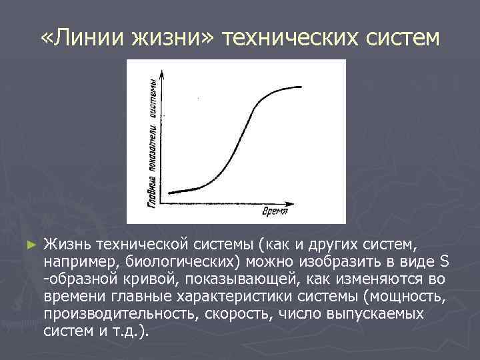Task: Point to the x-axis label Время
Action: tap(275, 211)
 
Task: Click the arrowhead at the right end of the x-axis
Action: tap(293, 199)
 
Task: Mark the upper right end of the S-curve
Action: tap(301, 87)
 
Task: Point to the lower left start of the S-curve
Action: tap(169, 193)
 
